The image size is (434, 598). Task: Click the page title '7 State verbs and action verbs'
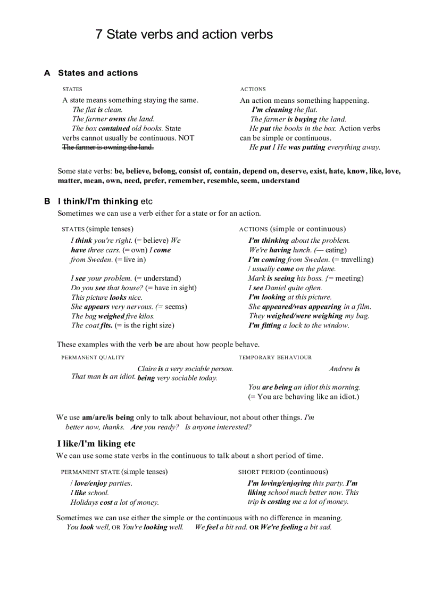(184, 35)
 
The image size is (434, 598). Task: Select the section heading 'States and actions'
(98, 73)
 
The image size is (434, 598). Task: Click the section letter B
(47, 201)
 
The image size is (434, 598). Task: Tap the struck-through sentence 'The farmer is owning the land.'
(108, 147)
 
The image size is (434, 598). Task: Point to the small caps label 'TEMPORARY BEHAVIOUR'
(275, 357)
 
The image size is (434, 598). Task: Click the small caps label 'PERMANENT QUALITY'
(93, 357)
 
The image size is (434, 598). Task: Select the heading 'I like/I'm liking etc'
(96, 444)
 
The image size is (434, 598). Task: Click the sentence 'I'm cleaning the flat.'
(284, 110)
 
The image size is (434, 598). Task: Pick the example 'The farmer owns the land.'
(113, 119)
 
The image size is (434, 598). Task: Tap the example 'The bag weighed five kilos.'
(113, 316)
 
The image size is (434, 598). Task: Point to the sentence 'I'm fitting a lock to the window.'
(298, 325)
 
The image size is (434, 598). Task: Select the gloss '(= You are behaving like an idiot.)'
(303, 397)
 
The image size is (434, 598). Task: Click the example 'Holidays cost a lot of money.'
(114, 502)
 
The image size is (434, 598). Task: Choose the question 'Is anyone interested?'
(218, 427)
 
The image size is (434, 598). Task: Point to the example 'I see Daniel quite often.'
(285, 288)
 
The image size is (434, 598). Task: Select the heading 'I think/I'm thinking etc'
(105, 201)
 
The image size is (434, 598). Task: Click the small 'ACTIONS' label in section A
(253, 89)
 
